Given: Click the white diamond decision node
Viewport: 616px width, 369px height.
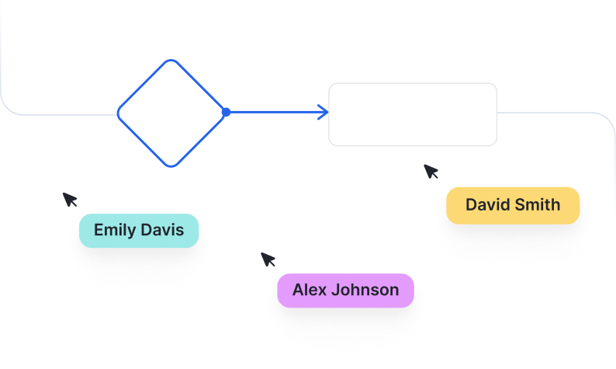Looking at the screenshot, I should (x=171, y=113).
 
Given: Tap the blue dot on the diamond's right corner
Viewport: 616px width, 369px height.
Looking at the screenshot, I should (x=226, y=113).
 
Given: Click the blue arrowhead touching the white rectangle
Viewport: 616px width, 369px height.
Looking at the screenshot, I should (x=324, y=113).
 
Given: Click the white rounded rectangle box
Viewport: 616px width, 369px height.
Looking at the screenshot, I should (x=413, y=114).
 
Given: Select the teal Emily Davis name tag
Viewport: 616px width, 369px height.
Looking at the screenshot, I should (x=139, y=231).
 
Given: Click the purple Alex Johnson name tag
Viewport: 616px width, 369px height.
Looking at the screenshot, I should (x=345, y=291).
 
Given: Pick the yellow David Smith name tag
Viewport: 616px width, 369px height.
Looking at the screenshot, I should (x=513, y=205).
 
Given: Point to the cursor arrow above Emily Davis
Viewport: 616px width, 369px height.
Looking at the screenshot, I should (x=70, y=199).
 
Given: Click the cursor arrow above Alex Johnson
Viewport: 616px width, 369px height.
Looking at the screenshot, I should (x=268, y=259).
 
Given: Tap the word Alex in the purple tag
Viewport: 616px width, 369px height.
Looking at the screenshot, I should (x=310, y=291).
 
